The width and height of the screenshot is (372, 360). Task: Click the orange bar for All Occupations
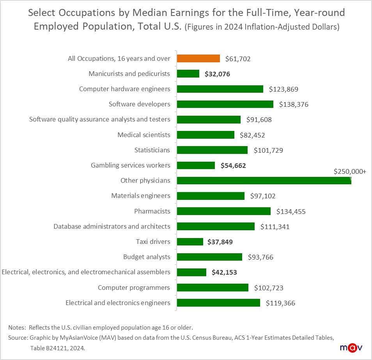click(x=198, y=58)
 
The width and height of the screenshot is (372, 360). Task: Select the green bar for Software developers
click(x=225, y=104)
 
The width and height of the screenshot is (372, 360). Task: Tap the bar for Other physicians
click(x=264, y=180)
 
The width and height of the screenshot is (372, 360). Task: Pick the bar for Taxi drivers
click(x=190, y=242)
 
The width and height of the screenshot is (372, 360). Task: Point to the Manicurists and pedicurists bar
click(x=188, y=74)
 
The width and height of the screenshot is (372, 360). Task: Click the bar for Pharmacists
click(x=223, y=211)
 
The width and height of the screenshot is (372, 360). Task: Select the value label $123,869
click(x=283, y=89)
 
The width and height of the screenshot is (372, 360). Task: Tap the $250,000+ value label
click(x=350, y=171)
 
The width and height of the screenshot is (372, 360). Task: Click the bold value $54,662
click(x=233, y=165)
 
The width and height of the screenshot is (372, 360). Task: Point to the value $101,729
click(x=268, y=150)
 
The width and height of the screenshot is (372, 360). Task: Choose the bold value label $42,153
click(x=224, y=272)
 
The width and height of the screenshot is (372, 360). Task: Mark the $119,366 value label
click(x=280, y=303)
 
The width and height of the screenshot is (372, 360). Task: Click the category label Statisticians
click(x=152, y=150)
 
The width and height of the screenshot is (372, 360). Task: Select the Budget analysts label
click(x=147, y=257)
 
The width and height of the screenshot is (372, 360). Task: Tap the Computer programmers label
click(x=134, y=288)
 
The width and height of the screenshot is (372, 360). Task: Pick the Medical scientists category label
click(x=144, y=135)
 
